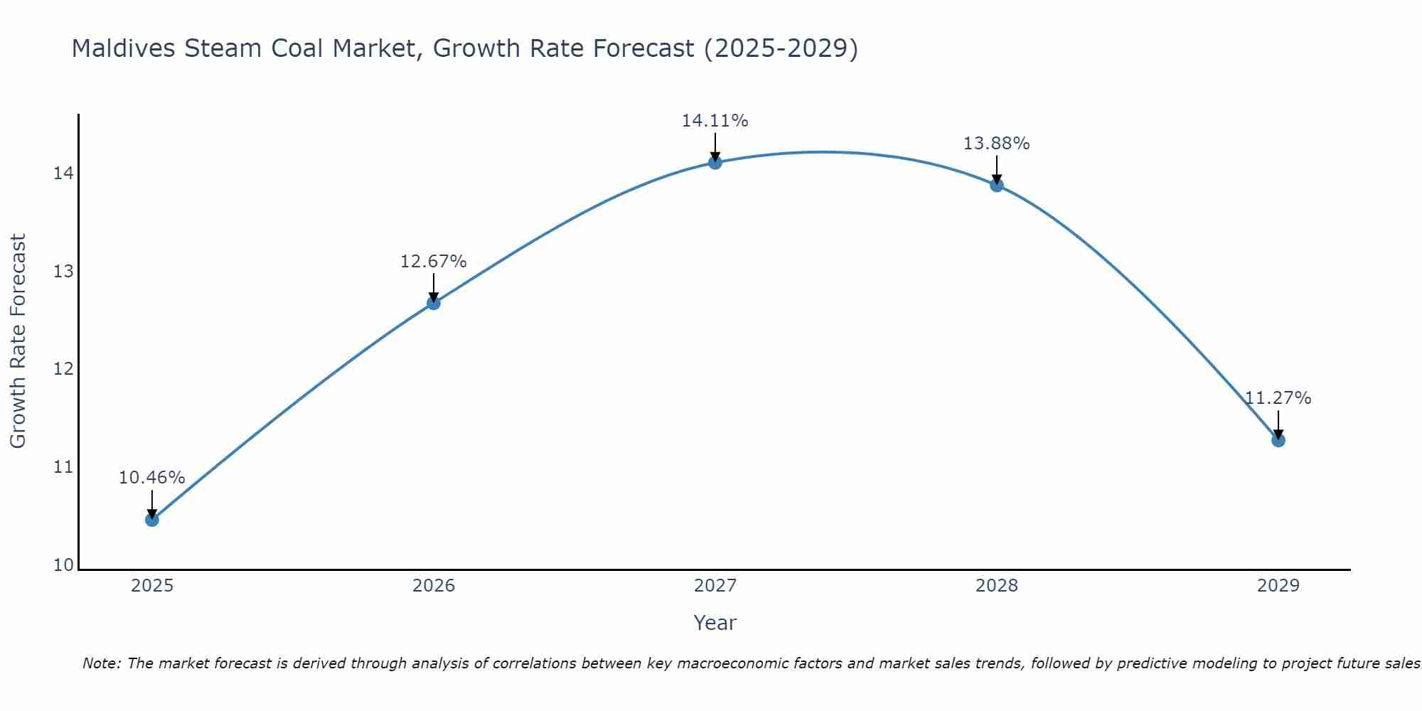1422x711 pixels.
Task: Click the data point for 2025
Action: pos(152,520)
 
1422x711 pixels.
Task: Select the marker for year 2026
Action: pos(434,303)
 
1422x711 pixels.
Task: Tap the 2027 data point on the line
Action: pos(715,163)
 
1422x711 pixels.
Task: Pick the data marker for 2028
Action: pos(997,186)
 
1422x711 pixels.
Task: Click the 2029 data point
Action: pos(1278,440)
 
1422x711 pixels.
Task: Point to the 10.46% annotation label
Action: pos(152,478)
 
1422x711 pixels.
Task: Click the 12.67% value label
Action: pos(434,262)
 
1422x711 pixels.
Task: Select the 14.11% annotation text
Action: pos(715,121)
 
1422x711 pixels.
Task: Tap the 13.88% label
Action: pos(997,144)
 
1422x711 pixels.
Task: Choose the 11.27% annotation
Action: pos(1278,398)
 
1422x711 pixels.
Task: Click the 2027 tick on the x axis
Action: pos(715,586)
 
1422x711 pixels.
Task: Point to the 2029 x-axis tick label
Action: pos(1278,586)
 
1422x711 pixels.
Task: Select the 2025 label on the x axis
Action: pos(152,586)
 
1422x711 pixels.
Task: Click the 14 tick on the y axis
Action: pos(63,173)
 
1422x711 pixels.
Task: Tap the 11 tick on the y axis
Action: pos(63,467)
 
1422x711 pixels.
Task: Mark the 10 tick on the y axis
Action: pos(63,565)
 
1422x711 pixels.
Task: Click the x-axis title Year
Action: pos(715,623)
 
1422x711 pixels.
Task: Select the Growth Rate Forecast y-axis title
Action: pos(18,341)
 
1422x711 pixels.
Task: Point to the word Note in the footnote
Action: pos(102,663)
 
